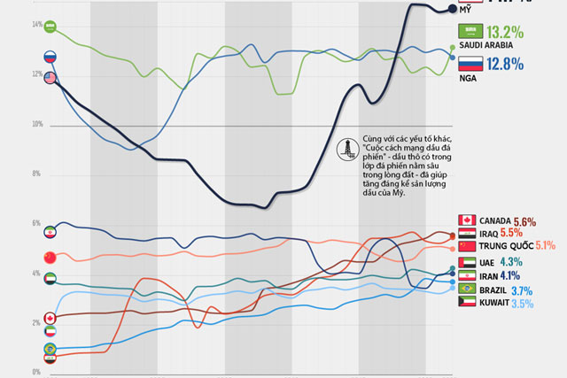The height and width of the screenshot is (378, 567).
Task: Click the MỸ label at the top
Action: (466, 8)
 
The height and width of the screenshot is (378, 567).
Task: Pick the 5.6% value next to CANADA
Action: (524, 220)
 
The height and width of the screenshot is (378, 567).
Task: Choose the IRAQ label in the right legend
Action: (493, 233)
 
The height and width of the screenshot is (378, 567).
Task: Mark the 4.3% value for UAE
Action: (511, 262)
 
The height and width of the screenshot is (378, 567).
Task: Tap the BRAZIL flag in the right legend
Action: (467, 290)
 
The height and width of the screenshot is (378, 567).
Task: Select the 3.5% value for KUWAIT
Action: (523, 304)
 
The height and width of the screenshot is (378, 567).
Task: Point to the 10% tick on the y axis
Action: (37, 125)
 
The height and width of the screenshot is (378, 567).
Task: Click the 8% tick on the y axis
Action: (37, 174)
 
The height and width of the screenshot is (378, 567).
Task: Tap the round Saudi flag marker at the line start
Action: (50, 27)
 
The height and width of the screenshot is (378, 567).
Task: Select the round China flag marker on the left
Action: (50, 257)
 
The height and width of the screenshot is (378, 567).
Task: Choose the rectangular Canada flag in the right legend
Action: (467, 220)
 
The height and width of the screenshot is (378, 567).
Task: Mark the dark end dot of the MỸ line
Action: (453, 10)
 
